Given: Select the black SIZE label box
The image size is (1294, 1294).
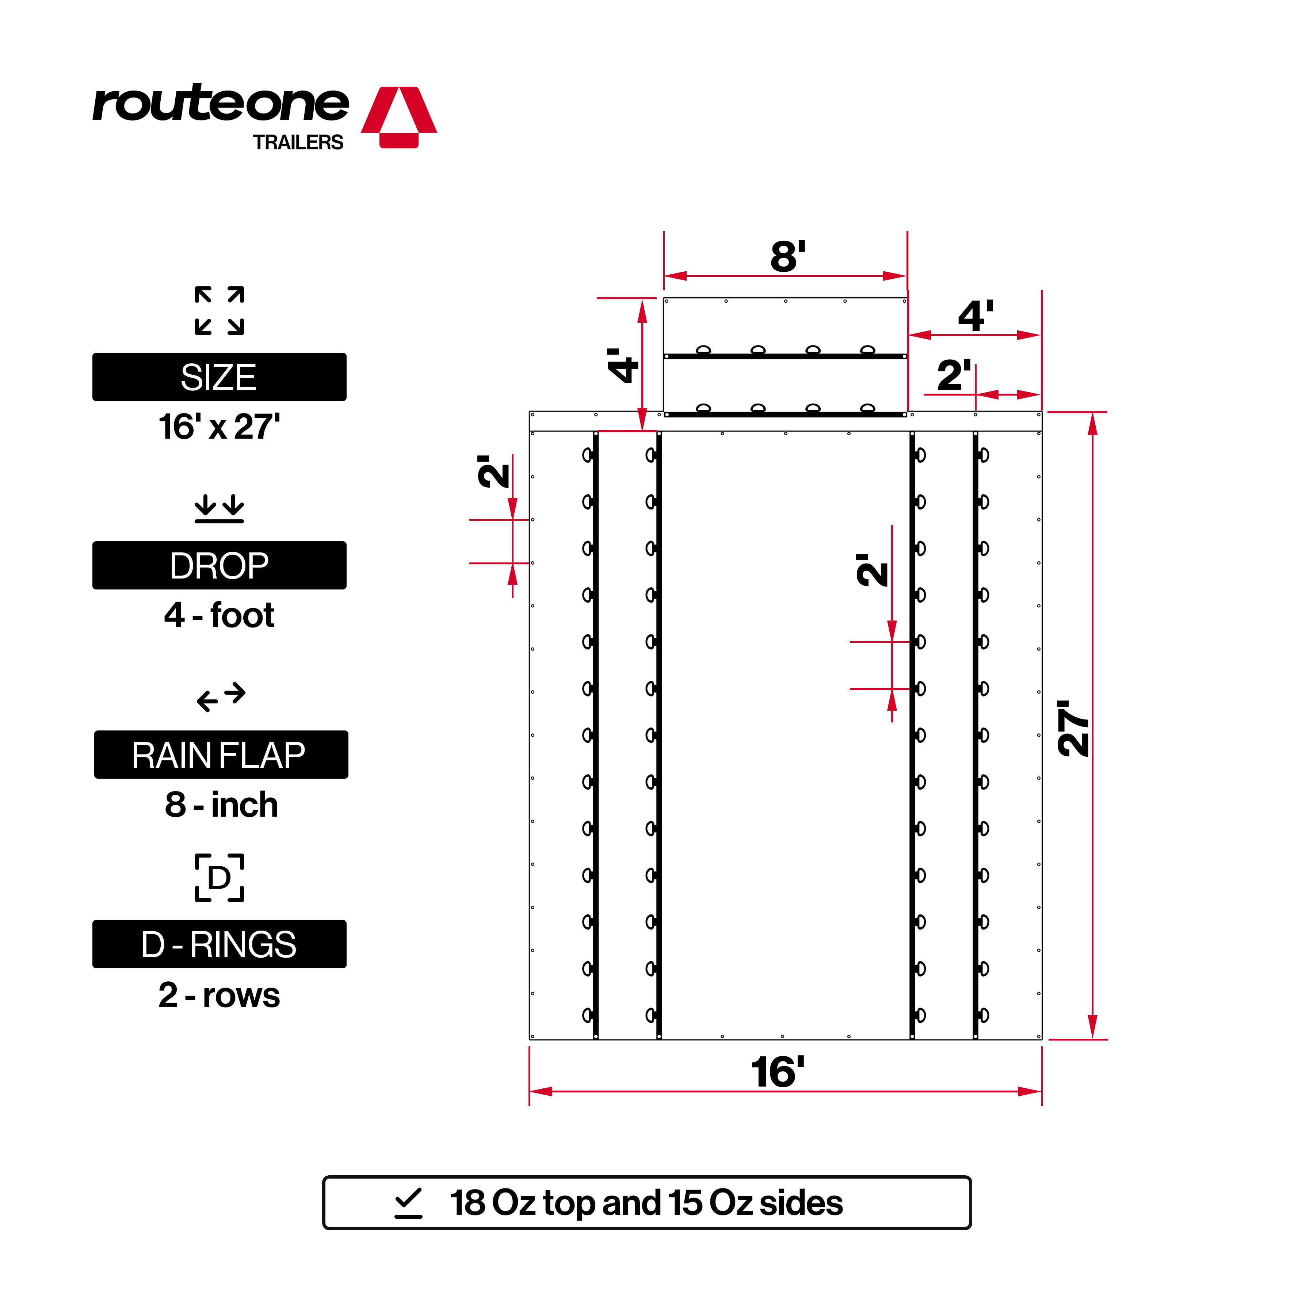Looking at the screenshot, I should pyautogui.click(x=219, y=377).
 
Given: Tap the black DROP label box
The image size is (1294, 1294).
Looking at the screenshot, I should pyautogui.click(x=219, y=565).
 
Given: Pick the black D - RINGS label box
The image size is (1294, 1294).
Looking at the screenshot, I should pyautogui.click(x=219, y=944).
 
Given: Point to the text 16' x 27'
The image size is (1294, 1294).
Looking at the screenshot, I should pyautogui.click(x=219, y=427).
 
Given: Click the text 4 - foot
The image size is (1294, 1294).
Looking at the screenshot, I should pyautogui.click(x=219, y=615).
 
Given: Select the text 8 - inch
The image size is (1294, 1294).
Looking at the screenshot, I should pyautogui.click(x=221, y=804).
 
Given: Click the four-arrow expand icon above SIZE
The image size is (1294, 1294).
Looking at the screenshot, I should pyautogui.click(x=219, y=311).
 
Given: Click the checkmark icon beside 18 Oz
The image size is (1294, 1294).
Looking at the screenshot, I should pyautogui.click(x=409, y=1203).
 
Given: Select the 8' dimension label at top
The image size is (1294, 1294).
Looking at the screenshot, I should pyautogui.click(x=788, y=256).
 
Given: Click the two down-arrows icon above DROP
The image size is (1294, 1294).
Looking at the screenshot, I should pyautogui.click(x=219, y=508).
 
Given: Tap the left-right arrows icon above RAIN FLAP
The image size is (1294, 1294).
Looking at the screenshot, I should pyautogui.click(x=221, y=696).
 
